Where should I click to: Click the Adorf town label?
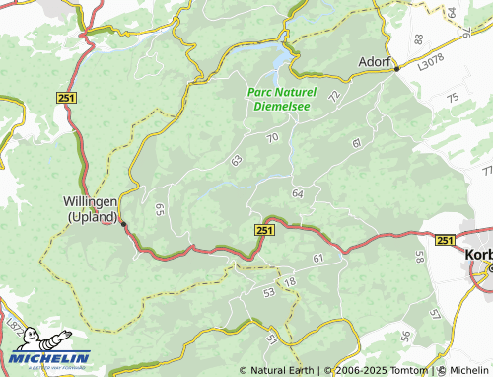point(374,59)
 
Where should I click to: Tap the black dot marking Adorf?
point(396,70)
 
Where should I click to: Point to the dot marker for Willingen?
point(123,224)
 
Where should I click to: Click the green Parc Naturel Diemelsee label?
point(282,97)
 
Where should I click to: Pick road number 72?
point(334,96)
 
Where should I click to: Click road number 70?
point(273,137)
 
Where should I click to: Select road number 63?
point(236,159)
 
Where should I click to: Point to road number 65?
point(159,209)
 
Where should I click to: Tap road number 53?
point(269,292)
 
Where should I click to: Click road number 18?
point(289,283)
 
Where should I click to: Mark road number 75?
point(452,98)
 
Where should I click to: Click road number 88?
point(418,38)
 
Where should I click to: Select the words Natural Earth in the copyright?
point(283,370)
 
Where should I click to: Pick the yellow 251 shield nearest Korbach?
point(444,240)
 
